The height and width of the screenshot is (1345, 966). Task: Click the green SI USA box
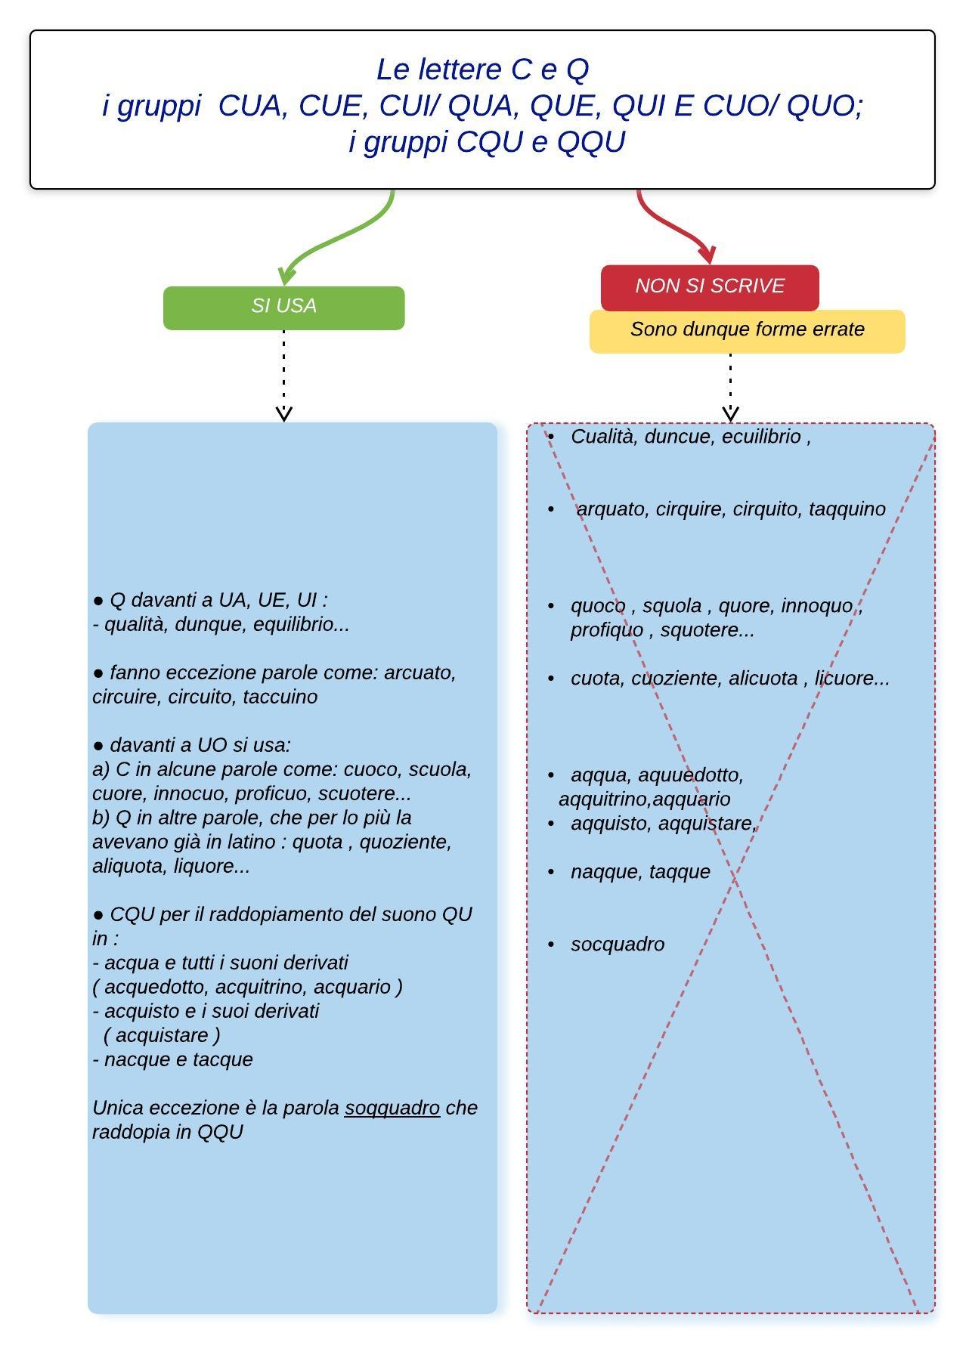coord(283,308)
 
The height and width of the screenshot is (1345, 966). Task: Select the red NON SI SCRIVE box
coord(710,287)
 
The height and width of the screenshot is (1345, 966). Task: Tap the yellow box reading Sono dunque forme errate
coord(747,331)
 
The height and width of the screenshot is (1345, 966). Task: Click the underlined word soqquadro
coord(392,1108)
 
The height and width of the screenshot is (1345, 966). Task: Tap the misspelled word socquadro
coord(618,945)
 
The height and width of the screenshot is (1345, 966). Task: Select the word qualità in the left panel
coord(136,625)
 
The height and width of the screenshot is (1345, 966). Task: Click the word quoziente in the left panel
coord(405,842)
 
